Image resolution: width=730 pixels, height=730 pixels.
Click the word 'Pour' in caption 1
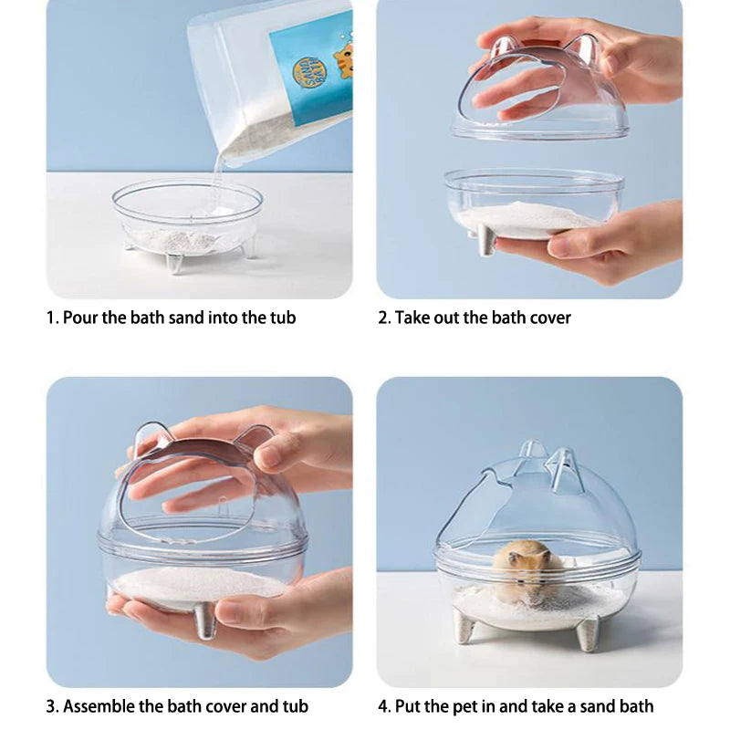pyautogui.click(x=81, y=318)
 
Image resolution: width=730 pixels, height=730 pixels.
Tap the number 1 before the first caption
pyautogui.click(x=51, y=318)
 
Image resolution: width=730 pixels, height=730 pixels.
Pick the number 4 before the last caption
pyautogui.click(x=382, y=706)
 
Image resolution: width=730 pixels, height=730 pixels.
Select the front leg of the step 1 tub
pyautogui.click(x=174, y=263)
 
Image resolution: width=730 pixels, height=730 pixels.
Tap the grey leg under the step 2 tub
pyautogui.click(x=486, y=240)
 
